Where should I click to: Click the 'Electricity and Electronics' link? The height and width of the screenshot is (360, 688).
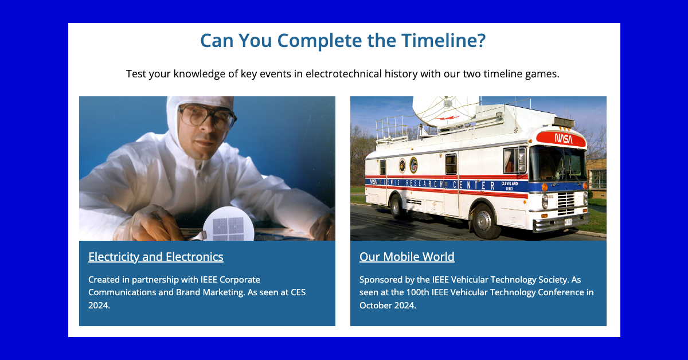pos(156,257)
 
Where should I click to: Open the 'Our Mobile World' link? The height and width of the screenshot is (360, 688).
pos(406,257)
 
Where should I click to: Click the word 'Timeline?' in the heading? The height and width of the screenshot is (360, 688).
pos(443,40)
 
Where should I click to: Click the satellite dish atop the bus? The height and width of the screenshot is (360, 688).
pos(443,111)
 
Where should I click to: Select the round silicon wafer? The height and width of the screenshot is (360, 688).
pos(228,224)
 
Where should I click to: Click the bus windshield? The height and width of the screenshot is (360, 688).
pos(558,164)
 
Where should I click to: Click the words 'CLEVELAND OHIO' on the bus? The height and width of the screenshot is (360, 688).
pos(510,186)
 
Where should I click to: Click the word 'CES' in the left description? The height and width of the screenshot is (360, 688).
pos(298,292)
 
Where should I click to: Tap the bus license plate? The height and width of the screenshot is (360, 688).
pos(568,221)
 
